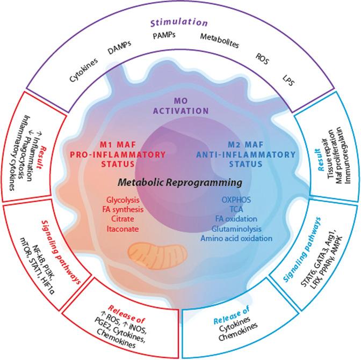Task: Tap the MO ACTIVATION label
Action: tap(180, 107)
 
